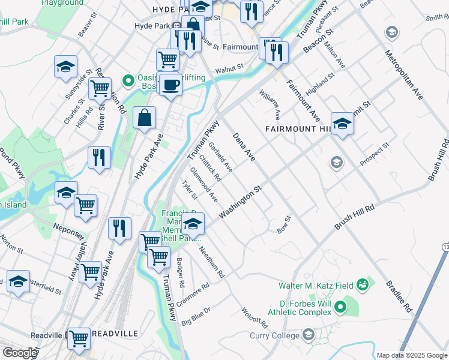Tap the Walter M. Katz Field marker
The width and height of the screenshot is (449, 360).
coord(362,284)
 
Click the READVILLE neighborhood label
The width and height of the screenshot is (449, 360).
coord(115,333)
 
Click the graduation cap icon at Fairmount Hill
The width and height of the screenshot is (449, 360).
coord(342,124)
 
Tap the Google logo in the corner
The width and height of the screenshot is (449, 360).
coord(20,353)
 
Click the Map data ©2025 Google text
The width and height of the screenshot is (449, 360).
coord(412,355)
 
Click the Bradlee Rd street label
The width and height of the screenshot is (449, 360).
coord(399,296)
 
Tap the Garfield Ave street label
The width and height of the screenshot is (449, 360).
coord(220,157)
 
